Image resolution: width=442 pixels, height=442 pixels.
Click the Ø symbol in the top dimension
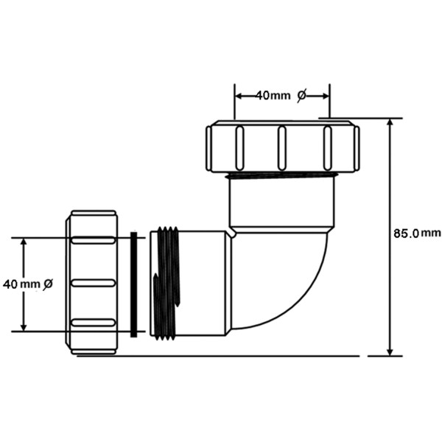pos(301,95)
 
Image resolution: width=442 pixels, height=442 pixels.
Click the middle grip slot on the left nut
pos(94,283)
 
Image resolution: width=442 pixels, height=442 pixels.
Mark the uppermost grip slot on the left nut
pos(94,241)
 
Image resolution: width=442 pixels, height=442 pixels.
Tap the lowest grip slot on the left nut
pos(94,323)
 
